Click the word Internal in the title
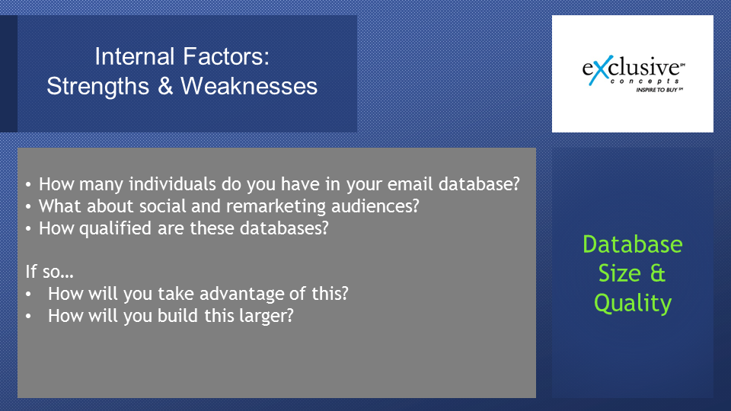[x=135, y=56]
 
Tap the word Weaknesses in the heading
[x=249, y=86]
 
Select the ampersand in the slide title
[x=165, y=86]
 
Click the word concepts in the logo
[x=645, y=81]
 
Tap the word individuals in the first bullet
[x=173, y=184]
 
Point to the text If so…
[x=49, y=271]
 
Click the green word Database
[x=633, y=244]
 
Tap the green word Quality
[x=633, y=304]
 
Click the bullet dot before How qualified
[x=28, y=229]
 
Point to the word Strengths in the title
[x=98, y=86]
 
